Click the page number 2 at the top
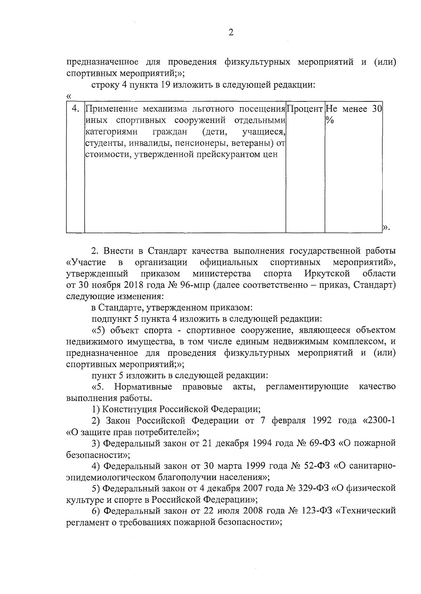(230, 33)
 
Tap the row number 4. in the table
(75, 109)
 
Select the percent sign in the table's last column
(329, 120)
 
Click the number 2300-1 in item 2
(381, 421)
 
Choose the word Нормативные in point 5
(143, 387)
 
